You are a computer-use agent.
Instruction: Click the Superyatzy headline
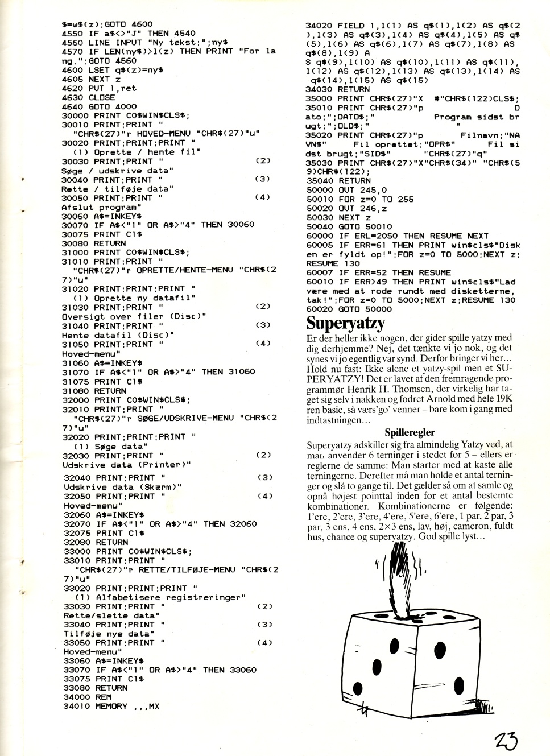tap(345, 324)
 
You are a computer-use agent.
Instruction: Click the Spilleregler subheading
tap(410, 432)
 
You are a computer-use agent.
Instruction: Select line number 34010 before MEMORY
tap(76, 707)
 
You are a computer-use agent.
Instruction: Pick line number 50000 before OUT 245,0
tap(319, 190)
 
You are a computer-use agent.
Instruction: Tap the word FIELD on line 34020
tap(351, 26)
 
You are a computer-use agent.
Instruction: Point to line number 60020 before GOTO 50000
tap(319, 309)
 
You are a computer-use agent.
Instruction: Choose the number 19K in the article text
tap(504, 399)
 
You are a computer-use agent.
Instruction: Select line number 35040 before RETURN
tap(319, 181)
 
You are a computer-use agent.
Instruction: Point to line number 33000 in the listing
tap(77, 552)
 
